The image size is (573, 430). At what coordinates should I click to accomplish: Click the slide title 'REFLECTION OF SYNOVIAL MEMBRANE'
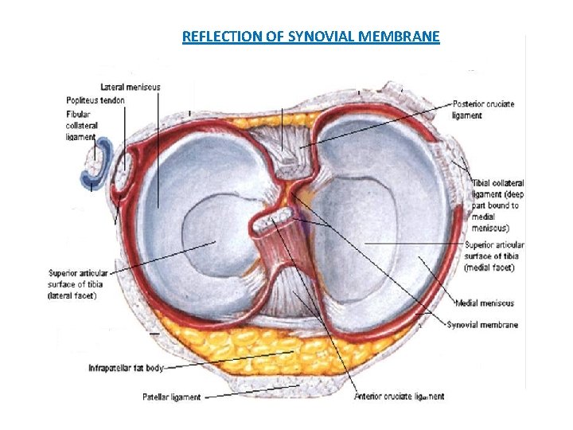coord(310,37)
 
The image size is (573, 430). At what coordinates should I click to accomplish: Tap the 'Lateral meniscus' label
coord(131,87)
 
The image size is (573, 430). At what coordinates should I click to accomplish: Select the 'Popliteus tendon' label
coord(95,100)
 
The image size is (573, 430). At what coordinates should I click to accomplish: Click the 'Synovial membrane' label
coord(482,325)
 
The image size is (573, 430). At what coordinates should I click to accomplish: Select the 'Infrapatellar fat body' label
coord(126,369)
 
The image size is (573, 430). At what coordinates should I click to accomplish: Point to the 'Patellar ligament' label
coord(171,396)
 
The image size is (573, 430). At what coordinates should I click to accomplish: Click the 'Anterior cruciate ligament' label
coord(400,396)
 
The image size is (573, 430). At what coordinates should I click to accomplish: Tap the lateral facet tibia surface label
coord(78,284)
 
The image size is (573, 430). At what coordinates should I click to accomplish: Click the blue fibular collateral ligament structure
coord(94,163)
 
